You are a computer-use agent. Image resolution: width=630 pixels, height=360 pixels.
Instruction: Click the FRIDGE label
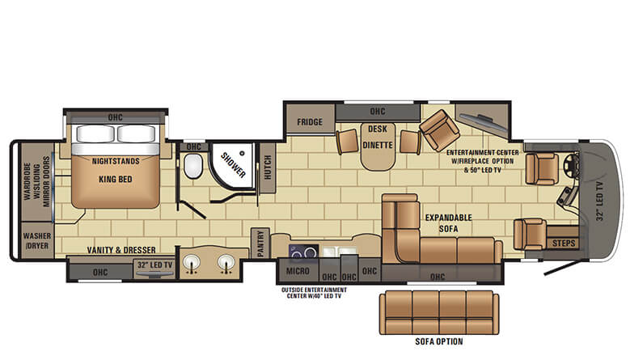(310, 121)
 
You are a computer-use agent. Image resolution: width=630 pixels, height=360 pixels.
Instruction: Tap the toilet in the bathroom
(193, 166)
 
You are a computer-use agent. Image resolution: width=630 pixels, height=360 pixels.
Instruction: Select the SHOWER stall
(232, 166)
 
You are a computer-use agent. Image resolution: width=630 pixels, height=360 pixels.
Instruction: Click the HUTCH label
(268, 167)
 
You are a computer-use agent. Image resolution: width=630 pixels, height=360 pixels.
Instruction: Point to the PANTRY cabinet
(260, 243)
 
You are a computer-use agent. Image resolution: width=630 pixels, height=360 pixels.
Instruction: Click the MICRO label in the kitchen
(298, 271)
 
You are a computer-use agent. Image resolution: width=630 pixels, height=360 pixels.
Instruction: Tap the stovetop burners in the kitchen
(304, 252)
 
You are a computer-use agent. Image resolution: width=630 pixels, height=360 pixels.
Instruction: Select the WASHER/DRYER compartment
(36, 240)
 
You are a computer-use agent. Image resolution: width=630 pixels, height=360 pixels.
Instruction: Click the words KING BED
(116, 180)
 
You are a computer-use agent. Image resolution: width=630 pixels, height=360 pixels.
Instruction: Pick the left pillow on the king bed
(95, 133)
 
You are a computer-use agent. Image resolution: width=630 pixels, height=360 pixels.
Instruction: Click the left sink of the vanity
(192, 263)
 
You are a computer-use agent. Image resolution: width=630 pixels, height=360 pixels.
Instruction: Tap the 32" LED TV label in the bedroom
(154, 265)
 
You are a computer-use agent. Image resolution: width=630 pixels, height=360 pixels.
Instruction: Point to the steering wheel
(570, 164)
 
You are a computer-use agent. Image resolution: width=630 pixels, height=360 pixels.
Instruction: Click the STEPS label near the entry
(564, 243)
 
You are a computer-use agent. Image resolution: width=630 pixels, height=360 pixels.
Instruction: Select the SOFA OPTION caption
(439, 341)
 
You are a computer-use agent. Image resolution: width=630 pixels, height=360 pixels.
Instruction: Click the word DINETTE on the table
(378, 145)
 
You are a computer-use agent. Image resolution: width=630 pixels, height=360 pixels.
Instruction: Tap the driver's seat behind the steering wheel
(542, 169)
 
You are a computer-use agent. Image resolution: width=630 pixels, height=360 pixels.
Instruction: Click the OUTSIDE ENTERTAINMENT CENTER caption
(314, 293)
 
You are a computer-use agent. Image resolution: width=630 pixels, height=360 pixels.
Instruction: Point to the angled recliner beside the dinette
(440, 130)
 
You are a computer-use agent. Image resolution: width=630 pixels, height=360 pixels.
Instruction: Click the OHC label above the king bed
(116, 117)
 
